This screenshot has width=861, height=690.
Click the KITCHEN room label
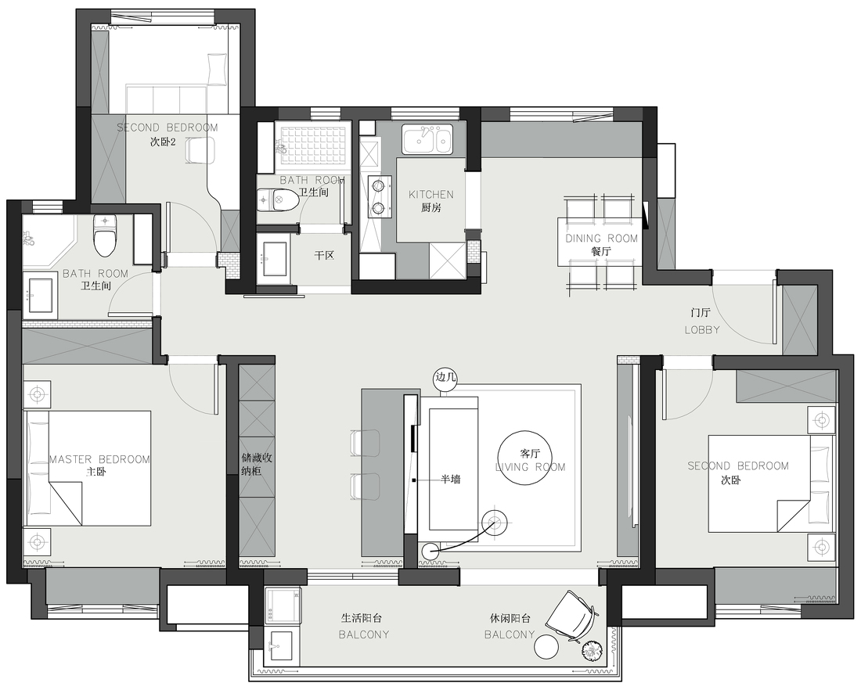tap(431, 194)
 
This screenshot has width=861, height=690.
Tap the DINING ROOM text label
tap(602, 239)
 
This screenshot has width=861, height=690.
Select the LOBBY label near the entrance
tap(702, 330)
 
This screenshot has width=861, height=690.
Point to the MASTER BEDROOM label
tap(99, 459)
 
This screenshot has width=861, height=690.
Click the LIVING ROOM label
tap(531, 467)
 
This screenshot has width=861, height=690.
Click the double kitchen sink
tap(427, 139)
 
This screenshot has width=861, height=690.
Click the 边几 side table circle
tap(445, 378)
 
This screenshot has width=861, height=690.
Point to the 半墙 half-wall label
tap(451, 480)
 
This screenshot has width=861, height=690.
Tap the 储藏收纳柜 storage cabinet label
tap(257, 465)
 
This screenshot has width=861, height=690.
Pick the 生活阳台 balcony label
tap(362, 619)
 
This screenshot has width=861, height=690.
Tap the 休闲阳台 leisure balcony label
tap(510, 619)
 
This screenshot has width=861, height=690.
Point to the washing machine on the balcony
tap(283, 606)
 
